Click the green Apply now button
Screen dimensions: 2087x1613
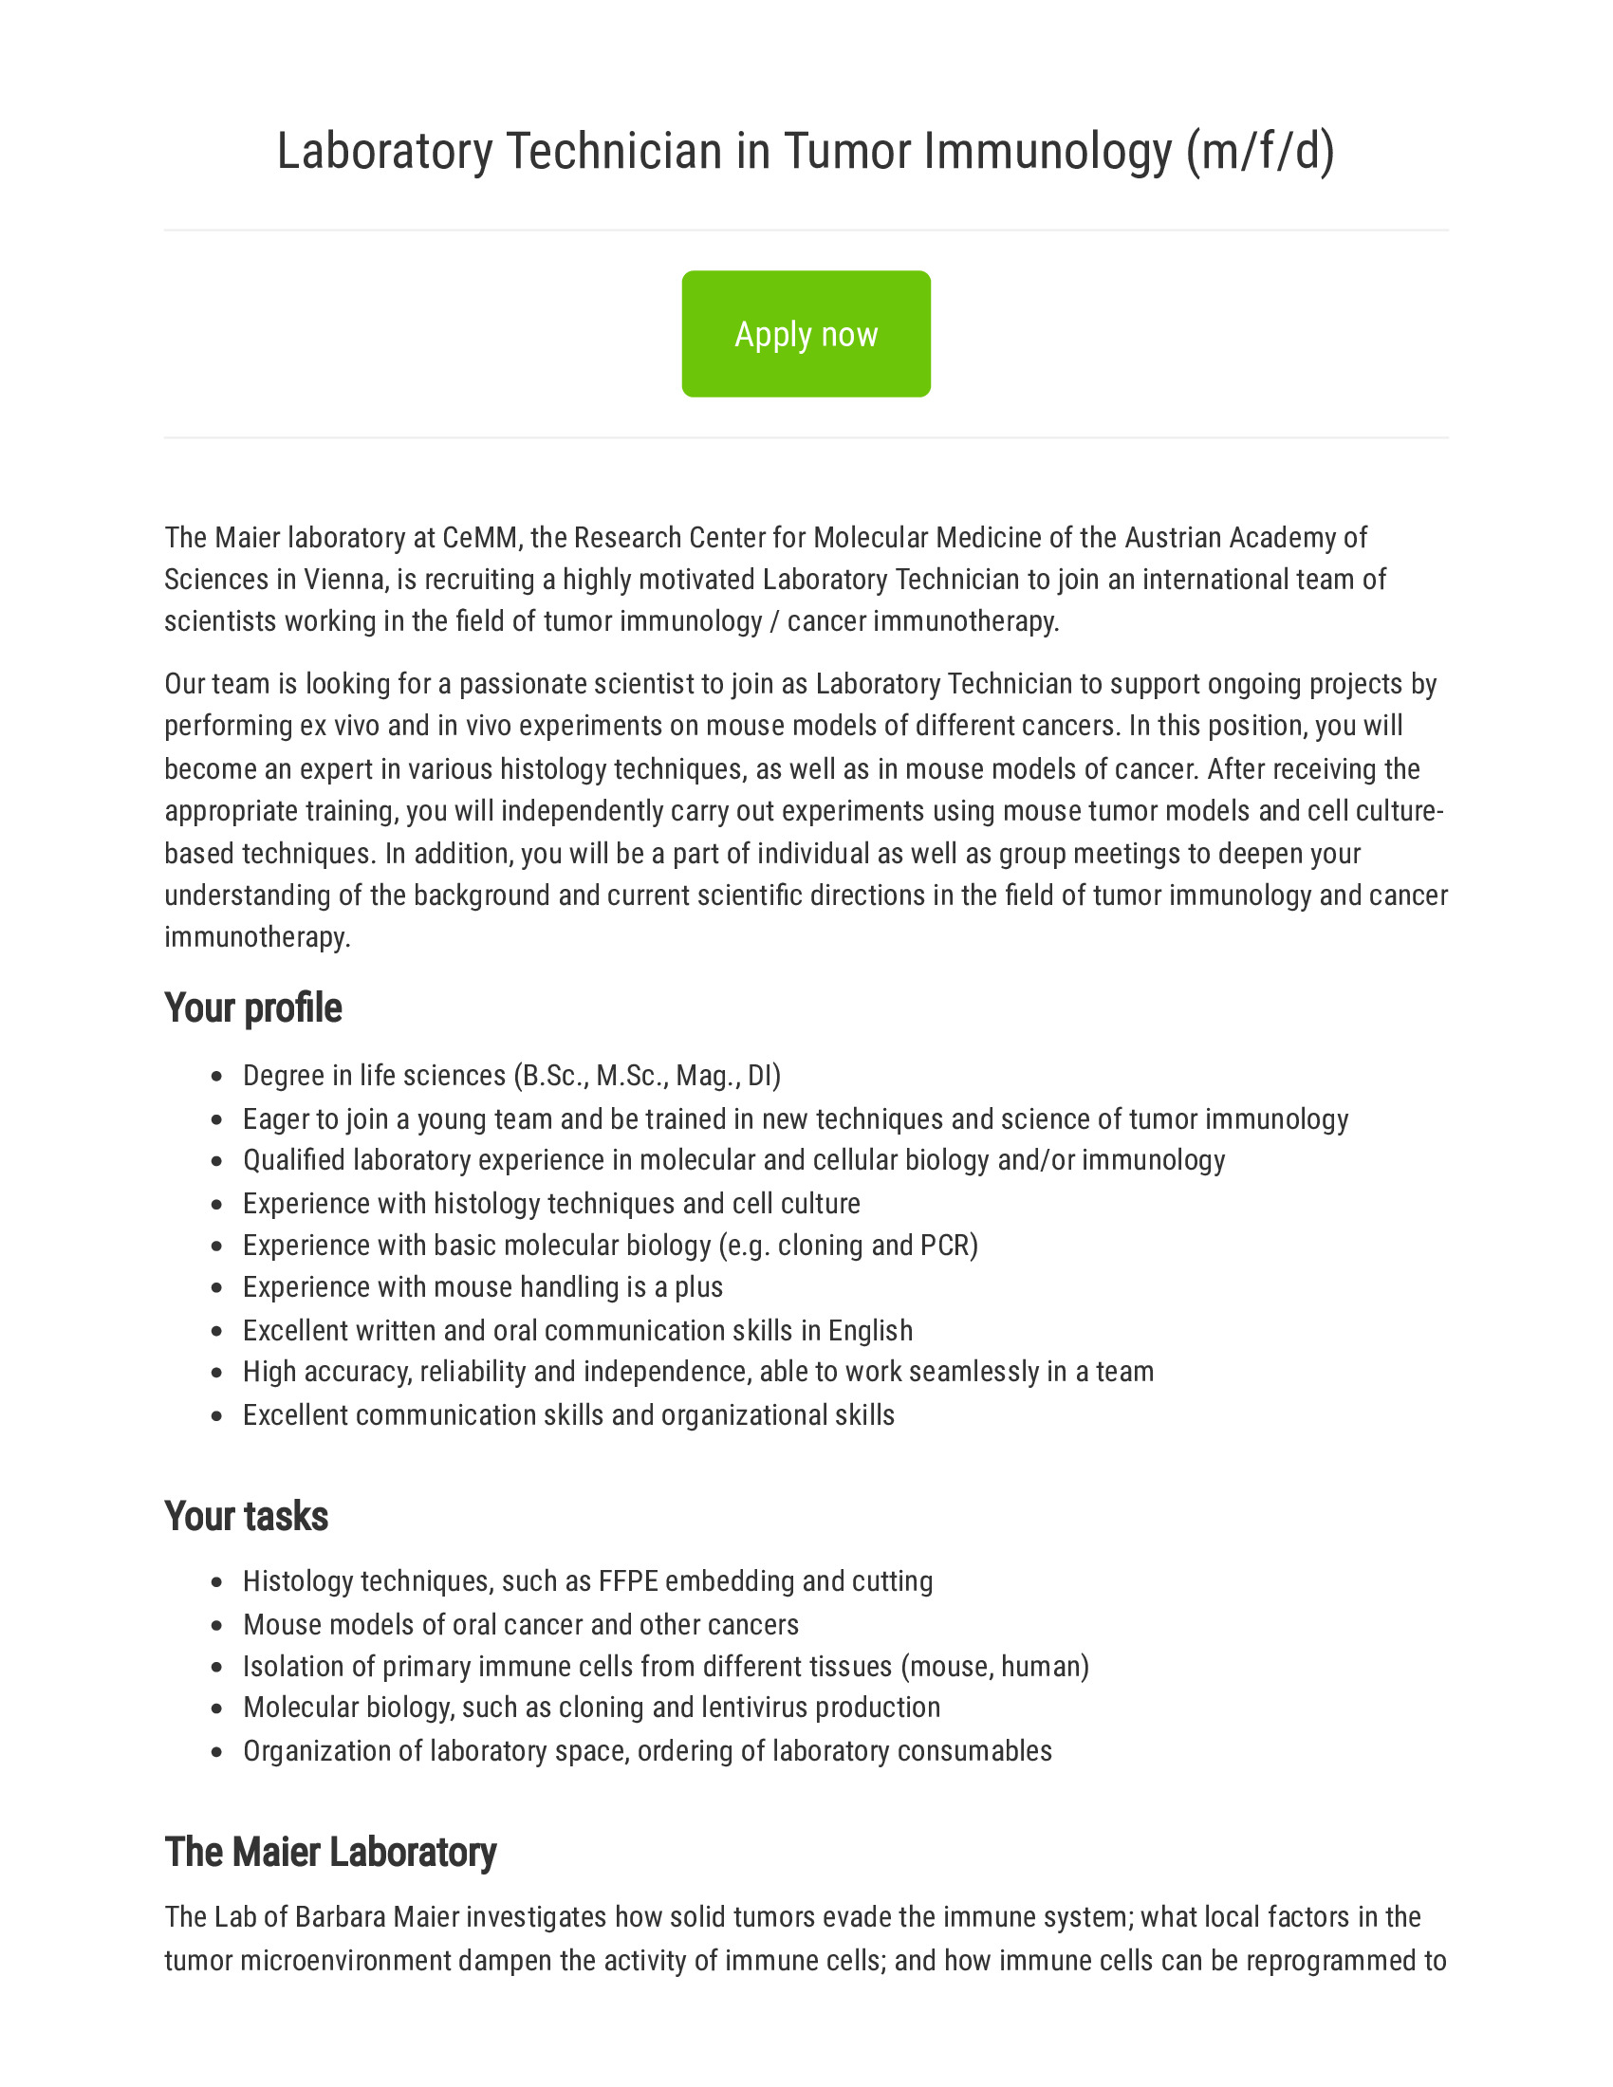coord(806,334)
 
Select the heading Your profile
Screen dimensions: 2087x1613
coord(252,1008)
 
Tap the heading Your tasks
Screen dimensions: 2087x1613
coord(246,1517)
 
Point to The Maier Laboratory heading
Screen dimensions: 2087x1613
coord(329,1852)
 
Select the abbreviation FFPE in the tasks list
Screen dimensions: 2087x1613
coord(628,1581)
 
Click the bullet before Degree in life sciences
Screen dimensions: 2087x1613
coord(217,1077)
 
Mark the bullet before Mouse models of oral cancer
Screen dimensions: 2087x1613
coord(217,1625)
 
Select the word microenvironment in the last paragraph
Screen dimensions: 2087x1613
coord(345,1960)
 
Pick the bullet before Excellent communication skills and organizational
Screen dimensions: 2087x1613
coord(217,1415)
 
